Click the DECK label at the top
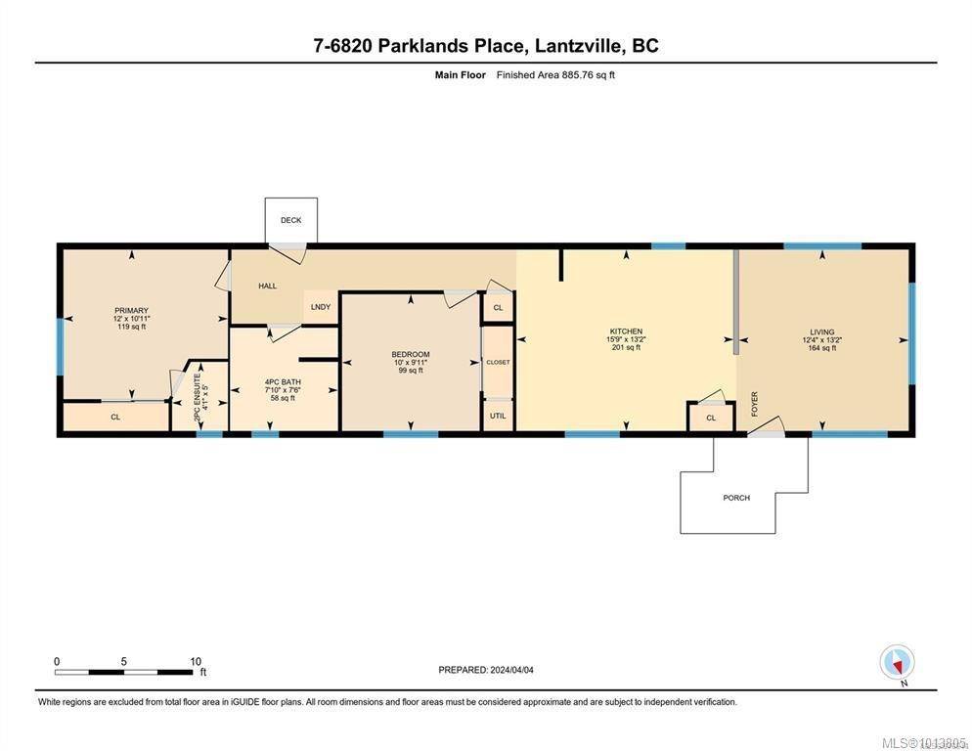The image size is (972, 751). click(x=290, y=220)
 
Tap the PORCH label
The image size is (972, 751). click(x=736, y=498)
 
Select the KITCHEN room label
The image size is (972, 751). click(x=626, y=331)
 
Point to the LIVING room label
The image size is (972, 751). click(x=822, y=331)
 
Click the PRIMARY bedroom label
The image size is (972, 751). click(x=130, y=311)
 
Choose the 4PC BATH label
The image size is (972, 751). click(x=282, y=381)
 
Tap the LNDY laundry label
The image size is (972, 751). click(x=321, y=307)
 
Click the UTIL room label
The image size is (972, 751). click(x=498, y=415)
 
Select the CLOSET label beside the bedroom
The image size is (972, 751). click(x=498, y=362)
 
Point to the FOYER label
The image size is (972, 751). click(x=754, y=404)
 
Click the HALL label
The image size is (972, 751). click(x=267, y=287)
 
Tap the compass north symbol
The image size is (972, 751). click(x=897, y=663)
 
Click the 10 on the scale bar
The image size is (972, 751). click(x=195, y=661)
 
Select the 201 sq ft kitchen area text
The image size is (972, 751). click(x=626, y=347)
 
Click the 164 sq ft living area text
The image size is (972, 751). click(x=822, y=347)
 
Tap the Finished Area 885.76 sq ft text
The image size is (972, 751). click(x=555, y=74)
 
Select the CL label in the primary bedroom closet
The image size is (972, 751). click(x=115, y=417)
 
